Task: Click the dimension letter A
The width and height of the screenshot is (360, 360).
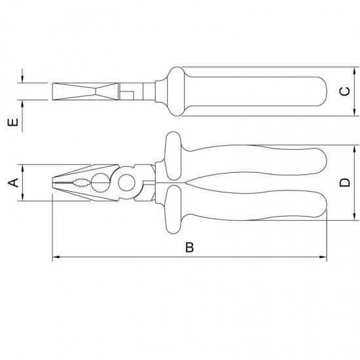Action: [x=12, y=182]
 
